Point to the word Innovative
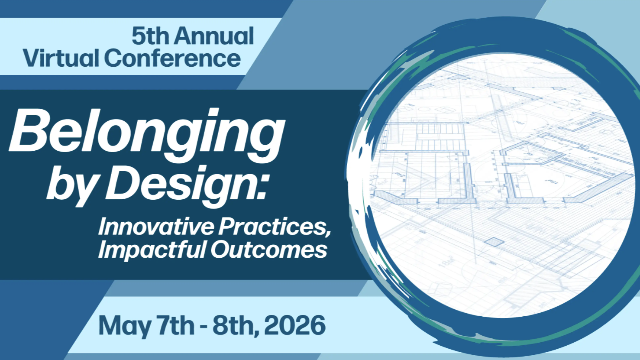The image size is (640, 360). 156,226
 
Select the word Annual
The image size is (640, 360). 214,36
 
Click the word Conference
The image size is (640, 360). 172,58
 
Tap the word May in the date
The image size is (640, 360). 124,326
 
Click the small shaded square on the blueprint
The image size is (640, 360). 494,242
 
